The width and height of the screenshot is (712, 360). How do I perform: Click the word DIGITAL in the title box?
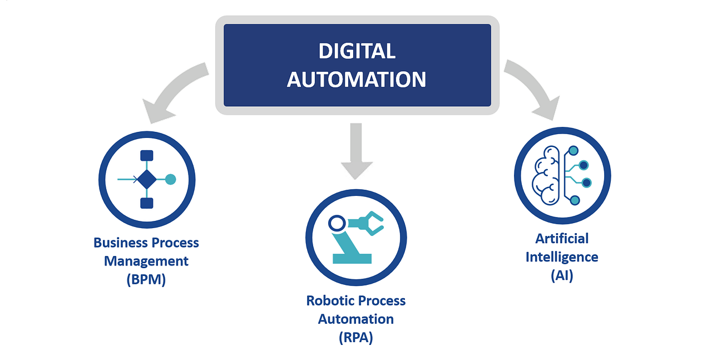(x=357, y=51)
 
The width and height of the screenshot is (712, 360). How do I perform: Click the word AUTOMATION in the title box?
(x=357, y=80)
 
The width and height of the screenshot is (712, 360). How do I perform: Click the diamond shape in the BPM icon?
(x=147, y=179)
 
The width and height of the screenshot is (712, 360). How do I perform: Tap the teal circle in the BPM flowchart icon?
(x=171, y=179)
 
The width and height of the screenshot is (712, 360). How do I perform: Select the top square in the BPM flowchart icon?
(x=147, y=156)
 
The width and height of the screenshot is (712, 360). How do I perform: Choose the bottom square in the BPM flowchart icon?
(x=147, y=203)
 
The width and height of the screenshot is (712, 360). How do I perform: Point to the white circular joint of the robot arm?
(x=337, y=224)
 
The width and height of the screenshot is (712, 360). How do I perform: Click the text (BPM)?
(x=146, y=279)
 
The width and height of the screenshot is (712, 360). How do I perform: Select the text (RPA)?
(x=356, y=338)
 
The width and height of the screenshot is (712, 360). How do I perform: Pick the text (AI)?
(x=562, y=275)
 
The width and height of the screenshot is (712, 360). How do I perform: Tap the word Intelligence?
(x=562, y=257)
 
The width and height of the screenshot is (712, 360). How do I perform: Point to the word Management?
(x=146, y=261)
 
